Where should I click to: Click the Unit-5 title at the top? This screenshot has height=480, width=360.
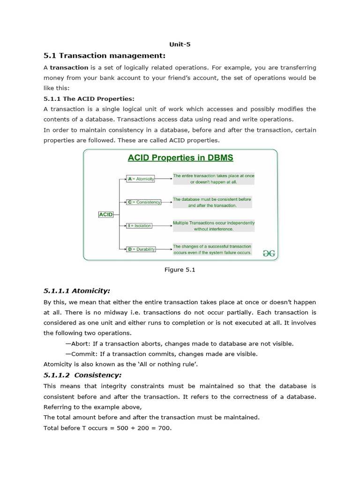(x=180, y=45)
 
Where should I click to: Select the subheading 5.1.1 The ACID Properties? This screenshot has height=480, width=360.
(x=89, y=98)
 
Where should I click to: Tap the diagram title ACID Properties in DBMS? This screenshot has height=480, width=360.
(x=180, y=158)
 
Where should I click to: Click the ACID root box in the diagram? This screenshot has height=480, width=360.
(x=106, y=214)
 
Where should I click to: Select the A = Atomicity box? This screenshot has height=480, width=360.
(x=141, y=179)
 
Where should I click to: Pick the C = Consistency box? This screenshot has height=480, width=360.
(x=143, y=202)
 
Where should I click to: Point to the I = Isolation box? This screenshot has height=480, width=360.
(x=139, y=225)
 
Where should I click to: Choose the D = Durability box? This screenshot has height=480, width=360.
(x=141, y=249)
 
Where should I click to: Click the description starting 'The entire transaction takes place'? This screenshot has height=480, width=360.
(x=213, y=179)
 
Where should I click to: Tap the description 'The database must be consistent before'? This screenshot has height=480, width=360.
(x=212, y=202)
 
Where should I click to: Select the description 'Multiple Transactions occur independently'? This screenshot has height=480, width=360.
(x=213, y=225)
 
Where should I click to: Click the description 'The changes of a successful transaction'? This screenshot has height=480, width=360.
(x=212, y=249)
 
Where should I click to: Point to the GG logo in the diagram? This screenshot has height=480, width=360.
(x=269, y=253)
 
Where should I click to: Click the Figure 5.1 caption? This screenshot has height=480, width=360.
(x=180, y=270)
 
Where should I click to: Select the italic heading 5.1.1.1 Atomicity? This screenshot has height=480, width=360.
(x=77, y=291)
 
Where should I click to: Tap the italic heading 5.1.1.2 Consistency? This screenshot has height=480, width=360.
(x=82, y=375)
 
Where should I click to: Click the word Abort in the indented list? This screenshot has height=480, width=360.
(x=80, y=344)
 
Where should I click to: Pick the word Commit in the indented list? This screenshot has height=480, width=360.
(x=82, y=354)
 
